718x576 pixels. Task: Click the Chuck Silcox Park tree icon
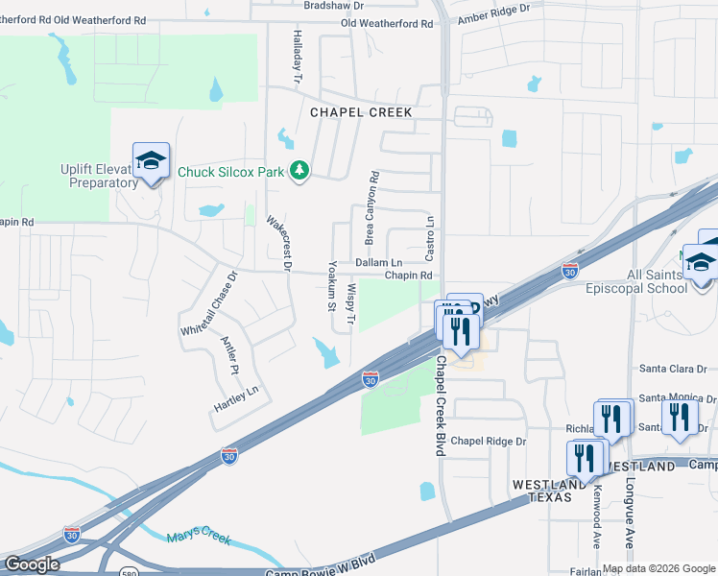pyautogui.click(x=300, y=171)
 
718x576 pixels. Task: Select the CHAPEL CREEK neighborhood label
pyautogui.click(x=361, y=112)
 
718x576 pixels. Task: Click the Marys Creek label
pyautogui.click(x=199, y=538)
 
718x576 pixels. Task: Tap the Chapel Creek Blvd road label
pyautogui.click(x=443, y=405)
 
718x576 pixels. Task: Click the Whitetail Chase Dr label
pyautogui.click(x=207, y=303)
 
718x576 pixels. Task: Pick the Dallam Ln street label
pyautogui.click(x=378, y=262)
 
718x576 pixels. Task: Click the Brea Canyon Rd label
pyautogui.click(x=370, y=207)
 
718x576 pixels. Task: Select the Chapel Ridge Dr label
pyautogui.click(x=489, y=442)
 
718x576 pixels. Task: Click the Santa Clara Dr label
pyautogui.click(x=673, y=369)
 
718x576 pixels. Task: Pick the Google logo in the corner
pyautogui.click(x=31, y=564)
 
